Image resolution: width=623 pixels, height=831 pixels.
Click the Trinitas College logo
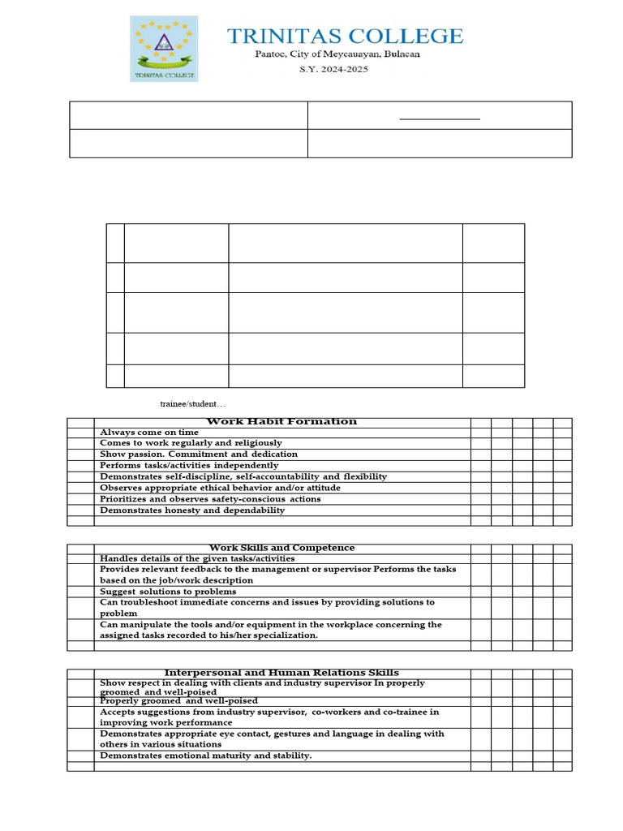[164, 49]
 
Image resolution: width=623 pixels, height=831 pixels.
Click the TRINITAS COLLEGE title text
[345, 37]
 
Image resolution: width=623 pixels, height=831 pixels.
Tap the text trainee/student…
[193, 404]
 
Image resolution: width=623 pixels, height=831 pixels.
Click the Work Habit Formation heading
[281, 422]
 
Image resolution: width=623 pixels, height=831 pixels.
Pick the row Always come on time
[149, 433]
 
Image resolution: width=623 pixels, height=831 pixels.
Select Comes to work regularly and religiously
[191, 443]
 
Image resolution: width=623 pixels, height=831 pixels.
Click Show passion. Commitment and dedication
[199, 454]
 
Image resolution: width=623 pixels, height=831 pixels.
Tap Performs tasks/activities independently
[189, 466]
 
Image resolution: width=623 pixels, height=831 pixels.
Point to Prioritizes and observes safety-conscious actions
[210, 499]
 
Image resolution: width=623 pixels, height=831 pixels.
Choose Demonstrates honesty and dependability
[192, 510]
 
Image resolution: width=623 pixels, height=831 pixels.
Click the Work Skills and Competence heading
[281, 549]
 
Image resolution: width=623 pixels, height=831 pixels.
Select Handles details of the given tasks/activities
[197, 558]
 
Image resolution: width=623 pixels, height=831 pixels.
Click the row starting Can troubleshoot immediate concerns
[267, 608]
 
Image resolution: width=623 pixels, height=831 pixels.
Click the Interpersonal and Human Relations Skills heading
[281, 673]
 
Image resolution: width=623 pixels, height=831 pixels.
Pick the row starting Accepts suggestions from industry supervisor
[269, 717]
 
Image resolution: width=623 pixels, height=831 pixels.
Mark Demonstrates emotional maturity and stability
[205, 756]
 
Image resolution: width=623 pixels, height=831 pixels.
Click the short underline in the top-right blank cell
[440, 119]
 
